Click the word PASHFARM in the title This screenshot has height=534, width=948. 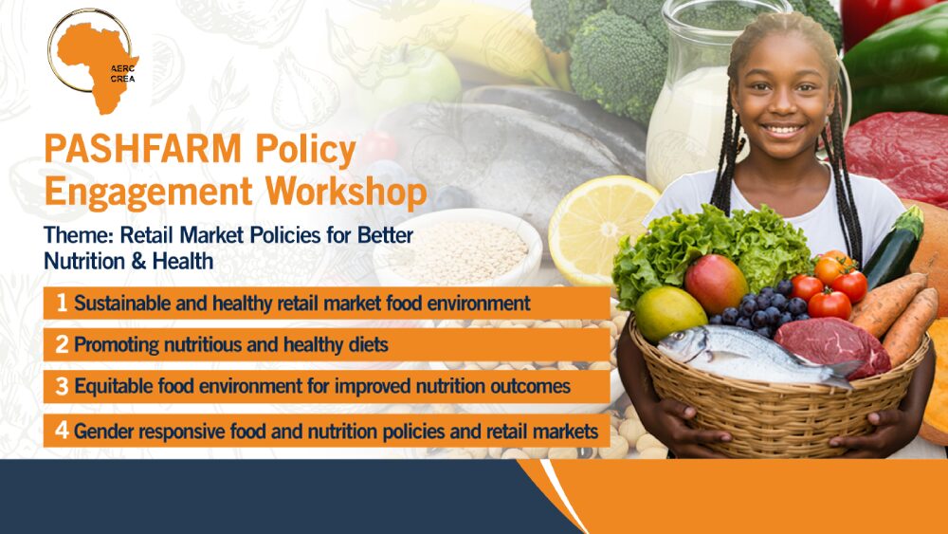click(143, 149)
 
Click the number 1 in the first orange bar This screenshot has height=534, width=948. click(62, 303)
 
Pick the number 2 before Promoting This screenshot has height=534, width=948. click(62, 344)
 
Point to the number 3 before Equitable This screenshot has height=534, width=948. click(62, 386)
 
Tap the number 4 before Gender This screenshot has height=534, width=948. click(62, 430)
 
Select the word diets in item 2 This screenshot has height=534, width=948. click(368, 344)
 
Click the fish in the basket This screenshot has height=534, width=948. click(756, 356)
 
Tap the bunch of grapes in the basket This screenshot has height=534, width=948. click(763, 308)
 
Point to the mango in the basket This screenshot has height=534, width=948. click(716, 284)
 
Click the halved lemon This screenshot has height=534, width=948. click(602, 230)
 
